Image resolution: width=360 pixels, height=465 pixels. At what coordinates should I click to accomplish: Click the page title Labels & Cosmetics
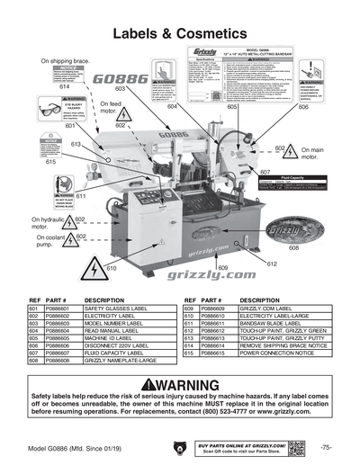click(x=180, y=34)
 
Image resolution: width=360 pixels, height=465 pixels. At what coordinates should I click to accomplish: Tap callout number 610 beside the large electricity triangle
click(x=112, y=268)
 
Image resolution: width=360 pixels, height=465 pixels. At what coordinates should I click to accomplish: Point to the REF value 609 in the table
click(x=188, y=308)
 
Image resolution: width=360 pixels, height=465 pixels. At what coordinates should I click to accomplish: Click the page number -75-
click(x=326, y=447)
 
